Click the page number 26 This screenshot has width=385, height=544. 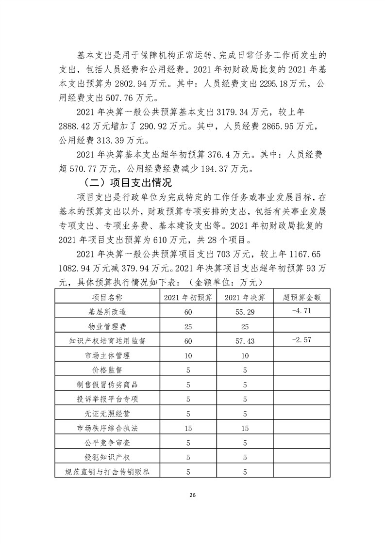point(192,495)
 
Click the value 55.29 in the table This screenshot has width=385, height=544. point(245,312)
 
